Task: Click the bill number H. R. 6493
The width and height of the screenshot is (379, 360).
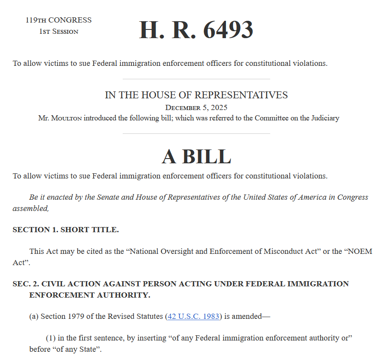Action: (196, 30)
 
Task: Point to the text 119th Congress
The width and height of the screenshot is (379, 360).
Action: (59, 20)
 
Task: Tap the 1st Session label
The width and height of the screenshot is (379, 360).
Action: (59, 32)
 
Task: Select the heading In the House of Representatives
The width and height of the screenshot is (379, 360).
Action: (196, 95)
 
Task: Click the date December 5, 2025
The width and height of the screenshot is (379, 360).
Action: (196, 107)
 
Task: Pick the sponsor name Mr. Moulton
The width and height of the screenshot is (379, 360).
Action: (60, 118)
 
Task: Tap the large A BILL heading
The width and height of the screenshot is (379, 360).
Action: (196, 156)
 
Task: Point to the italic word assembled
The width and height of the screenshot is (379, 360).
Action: (30, 208)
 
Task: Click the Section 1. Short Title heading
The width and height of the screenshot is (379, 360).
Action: (65, 230)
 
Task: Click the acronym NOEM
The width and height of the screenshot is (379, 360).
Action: (360, 251)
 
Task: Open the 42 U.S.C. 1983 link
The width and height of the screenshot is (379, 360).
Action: (193, 316)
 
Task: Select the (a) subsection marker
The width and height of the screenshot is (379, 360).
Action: (34, 316)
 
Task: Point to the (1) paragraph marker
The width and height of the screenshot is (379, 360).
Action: (51, 338)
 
